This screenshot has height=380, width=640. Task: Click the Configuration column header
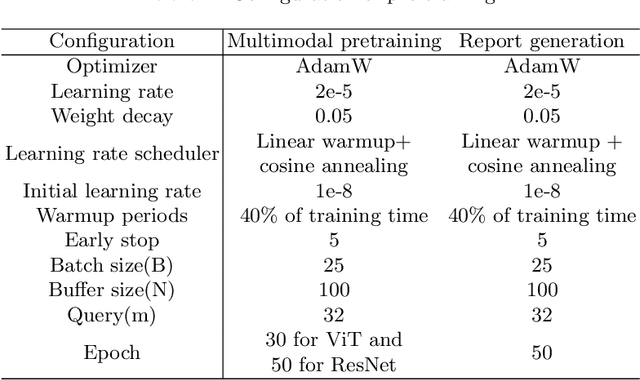coord(112,41)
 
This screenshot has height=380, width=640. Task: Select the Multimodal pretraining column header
coord(333,41)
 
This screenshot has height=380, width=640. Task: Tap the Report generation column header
coord(541,41)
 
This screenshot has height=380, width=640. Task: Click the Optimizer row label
coord(112,66)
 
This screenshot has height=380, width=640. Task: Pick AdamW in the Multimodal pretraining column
coord(333,66)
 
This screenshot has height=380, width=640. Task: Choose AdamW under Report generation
coord(541,66)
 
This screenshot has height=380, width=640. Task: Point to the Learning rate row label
coord(112,91)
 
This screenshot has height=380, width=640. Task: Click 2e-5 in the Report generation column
coord(541,91)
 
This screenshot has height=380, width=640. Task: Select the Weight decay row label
coord(112,116)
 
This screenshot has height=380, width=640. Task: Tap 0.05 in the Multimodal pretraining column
coord(333,116)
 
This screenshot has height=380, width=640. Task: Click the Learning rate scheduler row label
coord(112,154)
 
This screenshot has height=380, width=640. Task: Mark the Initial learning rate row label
coord(112,191)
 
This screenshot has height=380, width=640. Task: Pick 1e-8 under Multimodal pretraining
coord(333,191)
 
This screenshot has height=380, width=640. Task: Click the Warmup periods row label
coord(112,216)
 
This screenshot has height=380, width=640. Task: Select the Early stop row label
coord(112,241)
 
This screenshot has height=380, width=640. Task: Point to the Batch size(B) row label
coord(112,266)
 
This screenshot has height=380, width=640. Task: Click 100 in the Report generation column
coord(541,291)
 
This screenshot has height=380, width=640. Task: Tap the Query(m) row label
coord(112,316)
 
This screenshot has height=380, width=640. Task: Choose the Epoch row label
coord(112,353)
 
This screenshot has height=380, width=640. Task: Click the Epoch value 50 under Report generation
coord(541,353)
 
